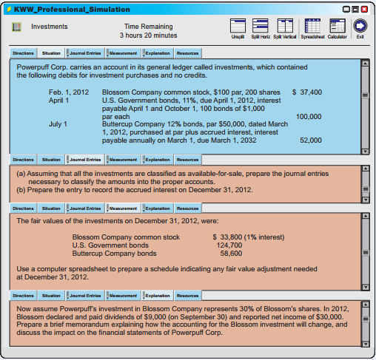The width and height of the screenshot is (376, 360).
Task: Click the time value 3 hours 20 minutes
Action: click(x=150, y=35)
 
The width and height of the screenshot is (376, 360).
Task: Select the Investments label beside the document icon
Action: click(x=49, y=27)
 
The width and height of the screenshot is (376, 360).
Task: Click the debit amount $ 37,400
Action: click(x=307, y=92)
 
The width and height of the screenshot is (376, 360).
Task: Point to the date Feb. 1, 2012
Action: click(x=69, y=92)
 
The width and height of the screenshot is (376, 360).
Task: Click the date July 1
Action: click(x=58, y=124)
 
